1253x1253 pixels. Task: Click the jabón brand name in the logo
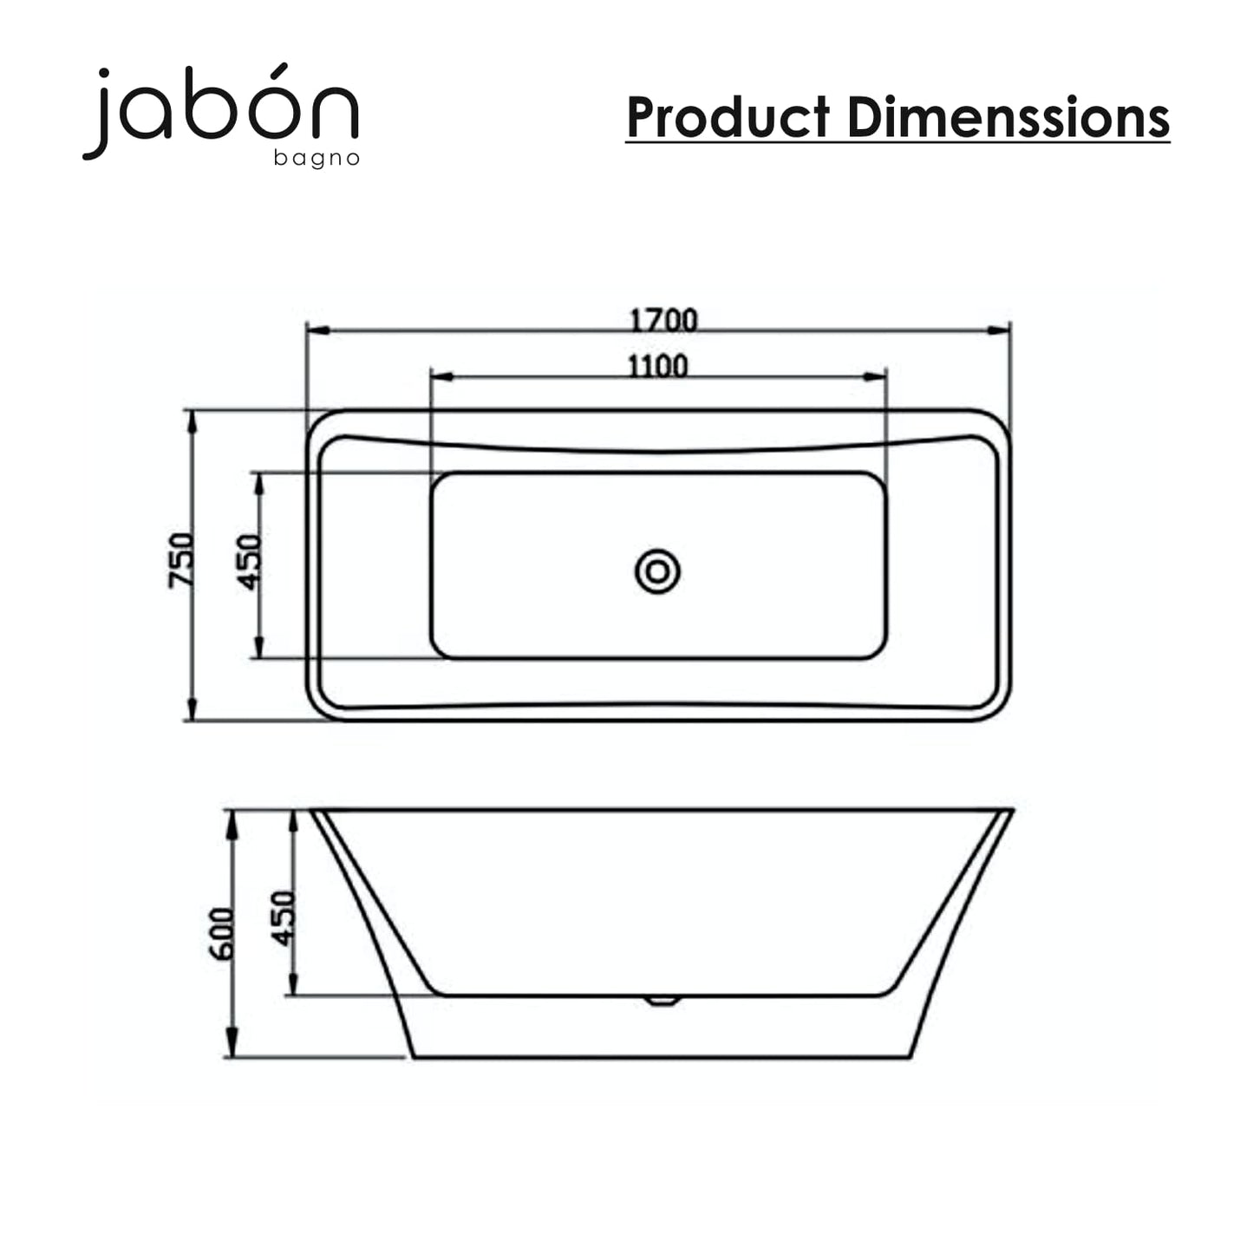(x=220, y=111)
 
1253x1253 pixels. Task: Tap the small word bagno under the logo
(x=317, y=160)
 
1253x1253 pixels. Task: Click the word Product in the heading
(x=729, y=117)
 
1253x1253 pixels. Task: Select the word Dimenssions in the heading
(x=1008, y=117)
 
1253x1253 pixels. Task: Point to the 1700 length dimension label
(x=664, y=321)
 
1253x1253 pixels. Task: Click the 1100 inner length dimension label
(x=657, y=367)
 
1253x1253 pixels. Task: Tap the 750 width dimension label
(x=180, y=560)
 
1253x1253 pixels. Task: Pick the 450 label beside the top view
(x=249, y=562)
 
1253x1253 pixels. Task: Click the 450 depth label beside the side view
(x=283, y=918)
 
